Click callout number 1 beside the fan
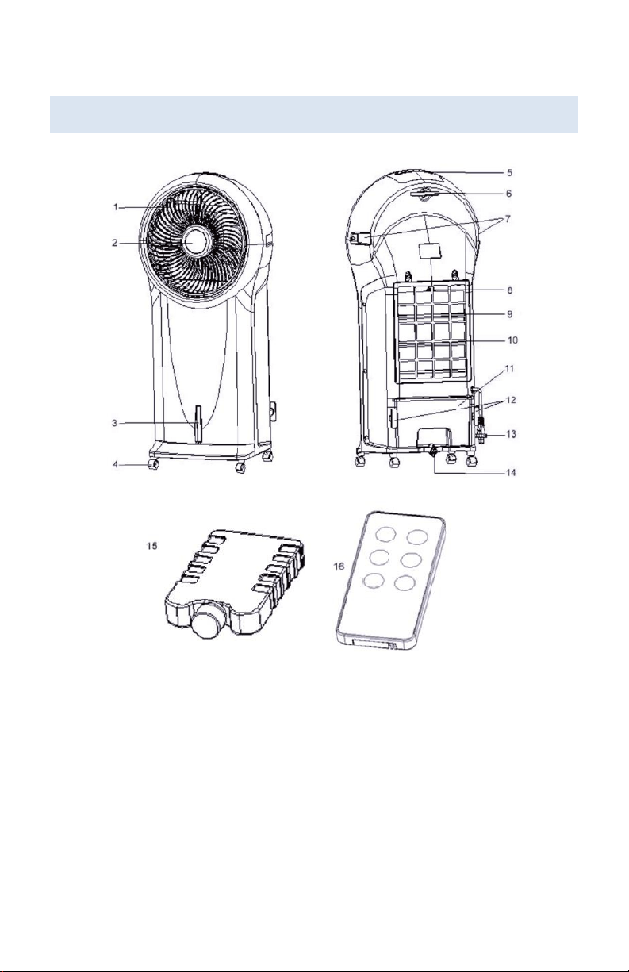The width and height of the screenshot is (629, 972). tap(115, 207)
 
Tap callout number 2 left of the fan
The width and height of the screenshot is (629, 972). tap(114, 243)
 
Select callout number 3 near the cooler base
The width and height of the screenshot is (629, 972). tap(114, 423)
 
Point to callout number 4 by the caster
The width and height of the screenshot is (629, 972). tap(115, 464)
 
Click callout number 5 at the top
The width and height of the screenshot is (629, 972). tap(510, 173)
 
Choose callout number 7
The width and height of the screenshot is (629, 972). tap(508, 219)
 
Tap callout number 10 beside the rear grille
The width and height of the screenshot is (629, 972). tap(512, 340)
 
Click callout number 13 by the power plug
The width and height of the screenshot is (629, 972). tap(512, 434)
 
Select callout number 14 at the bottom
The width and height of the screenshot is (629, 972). tap(512, 472)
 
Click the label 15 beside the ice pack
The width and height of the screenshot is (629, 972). tap(151, 546)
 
